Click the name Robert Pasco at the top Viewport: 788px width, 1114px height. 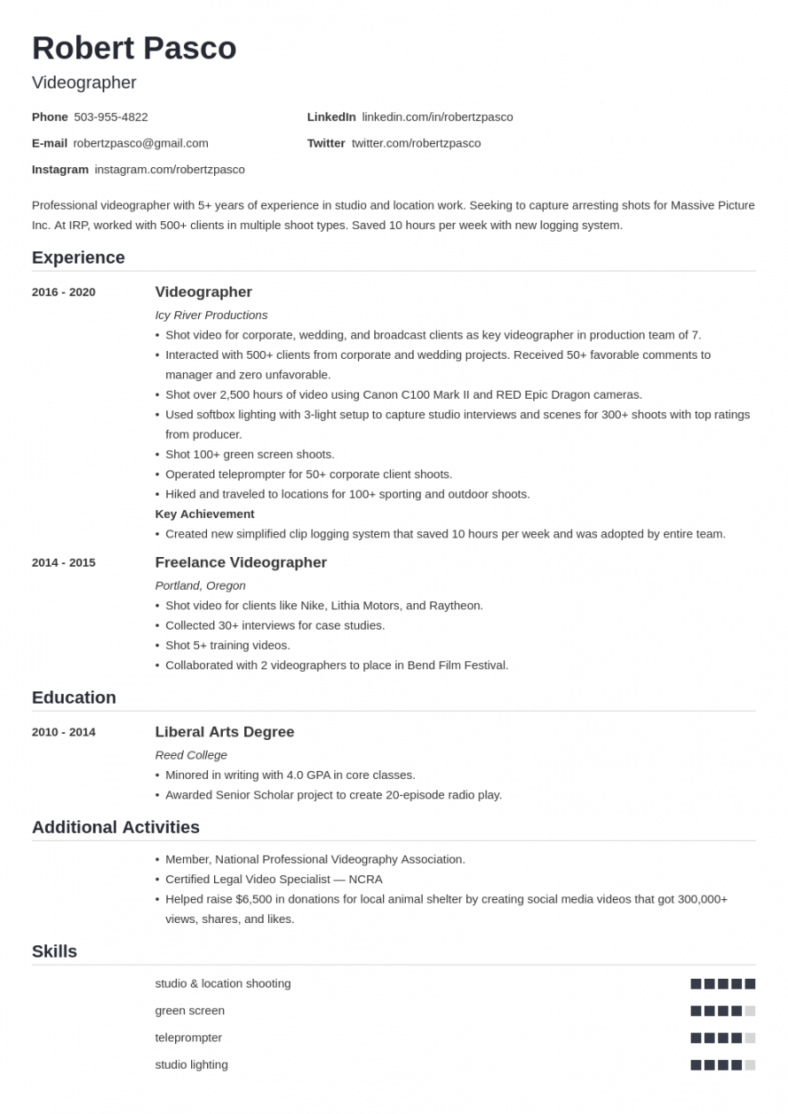(x=134, y=49)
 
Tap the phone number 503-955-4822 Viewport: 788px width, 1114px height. (x=111, y=117)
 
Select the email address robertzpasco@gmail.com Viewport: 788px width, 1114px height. (x=141, y=143)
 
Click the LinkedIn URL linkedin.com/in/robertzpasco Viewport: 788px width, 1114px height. (x=437, y=117)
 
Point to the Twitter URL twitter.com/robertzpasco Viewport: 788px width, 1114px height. (x=416, y=143)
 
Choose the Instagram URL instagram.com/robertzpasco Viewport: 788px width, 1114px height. (x=169, y=169)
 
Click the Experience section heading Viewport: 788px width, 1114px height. (x=78, y=257)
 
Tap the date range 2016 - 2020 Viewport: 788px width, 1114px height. (x=64, y=293)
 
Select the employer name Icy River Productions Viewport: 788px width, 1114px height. (x=210, y=315)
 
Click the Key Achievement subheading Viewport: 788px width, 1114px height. (x=204, y=514)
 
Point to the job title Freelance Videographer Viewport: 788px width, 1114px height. (x=241, y=562)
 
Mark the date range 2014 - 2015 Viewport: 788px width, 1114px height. (x=64, y=562)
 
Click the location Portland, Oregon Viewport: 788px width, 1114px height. (x=200, y=585)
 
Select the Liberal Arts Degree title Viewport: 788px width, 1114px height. (x=225, y=732)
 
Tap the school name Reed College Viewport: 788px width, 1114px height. (x=191, y=755)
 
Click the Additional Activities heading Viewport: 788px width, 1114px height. (x=116, y=828)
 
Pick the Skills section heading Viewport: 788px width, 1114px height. (x=54, y=951)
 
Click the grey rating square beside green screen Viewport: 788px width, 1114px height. (x=750, y=1011)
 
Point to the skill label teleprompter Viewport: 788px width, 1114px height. (x=188, y=1037)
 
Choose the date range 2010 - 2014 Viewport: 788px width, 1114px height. (x=64, y=732)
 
